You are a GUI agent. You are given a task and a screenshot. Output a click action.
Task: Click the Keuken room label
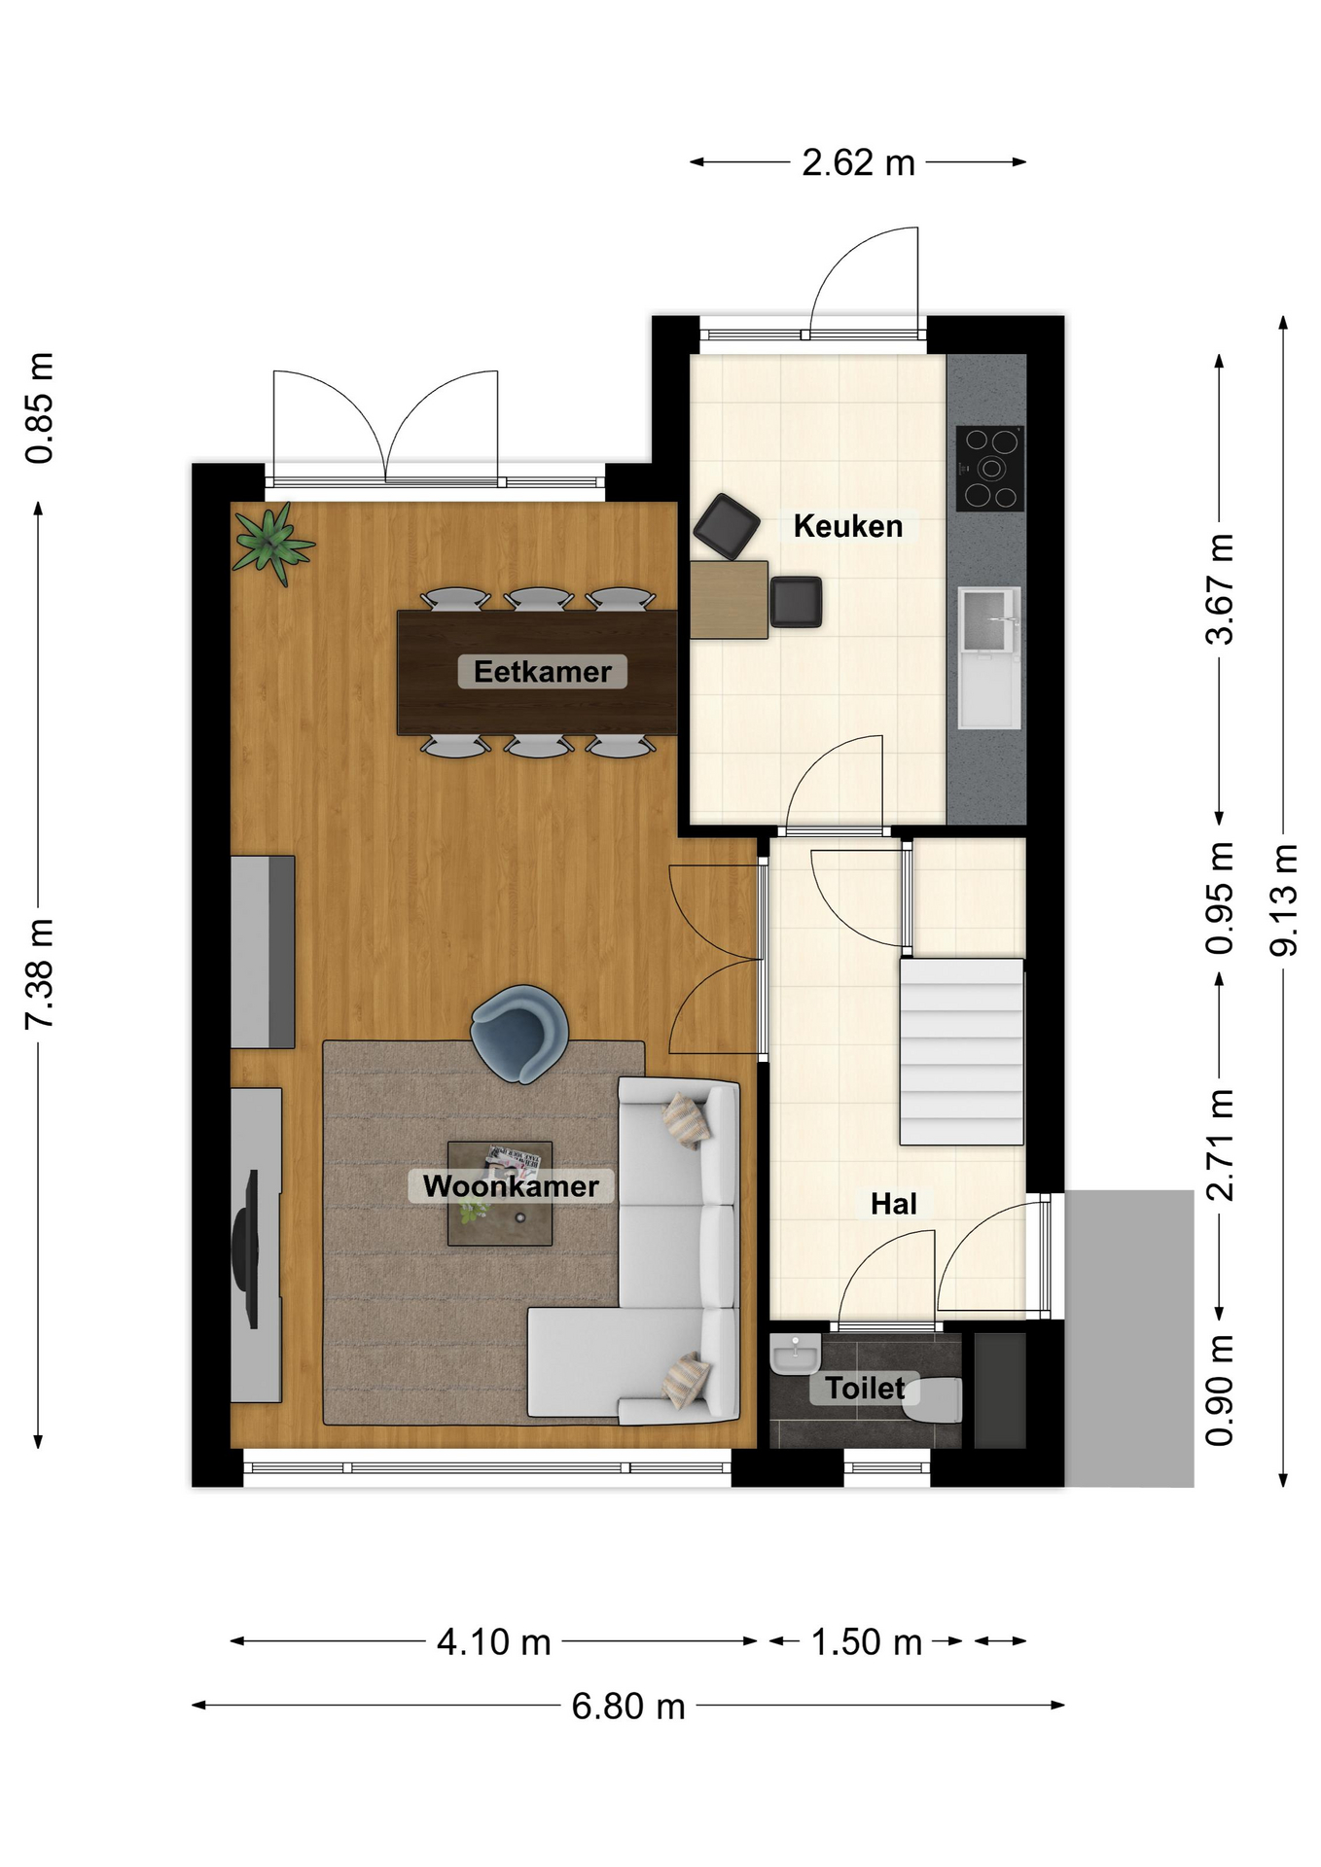[848, 526]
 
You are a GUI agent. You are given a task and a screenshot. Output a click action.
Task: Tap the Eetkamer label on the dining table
[543, 671]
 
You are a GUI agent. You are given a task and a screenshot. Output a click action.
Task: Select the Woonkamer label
[511, 1186]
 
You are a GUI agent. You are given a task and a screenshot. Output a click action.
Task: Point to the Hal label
[893, 1204]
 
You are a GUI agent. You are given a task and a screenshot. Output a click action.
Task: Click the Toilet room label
[865, 1388]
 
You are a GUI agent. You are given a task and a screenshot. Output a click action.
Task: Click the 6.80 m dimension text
[628, 1707]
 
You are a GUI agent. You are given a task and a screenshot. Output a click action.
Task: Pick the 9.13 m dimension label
[1284, 899]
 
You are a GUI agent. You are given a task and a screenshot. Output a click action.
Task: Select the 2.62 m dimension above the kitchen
[859, 162]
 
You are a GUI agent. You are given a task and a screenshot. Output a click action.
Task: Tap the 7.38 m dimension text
[40, 973]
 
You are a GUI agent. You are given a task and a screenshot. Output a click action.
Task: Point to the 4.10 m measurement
[494, 1642]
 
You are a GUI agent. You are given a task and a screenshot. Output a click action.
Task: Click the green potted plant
[273, 543]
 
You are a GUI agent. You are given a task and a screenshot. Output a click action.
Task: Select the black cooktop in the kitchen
[990, 469]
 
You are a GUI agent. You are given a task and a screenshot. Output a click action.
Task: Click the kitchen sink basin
[989, 619]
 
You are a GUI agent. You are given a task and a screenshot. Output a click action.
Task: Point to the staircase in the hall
[961, 1051]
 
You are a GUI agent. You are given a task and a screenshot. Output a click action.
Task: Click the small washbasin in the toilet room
[796, 1353]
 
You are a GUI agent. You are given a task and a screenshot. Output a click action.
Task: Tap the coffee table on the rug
[500, 1193]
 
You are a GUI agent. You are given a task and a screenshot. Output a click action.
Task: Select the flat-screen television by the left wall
[246, 1249]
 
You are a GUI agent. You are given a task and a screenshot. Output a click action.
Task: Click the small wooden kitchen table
[729, 599]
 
